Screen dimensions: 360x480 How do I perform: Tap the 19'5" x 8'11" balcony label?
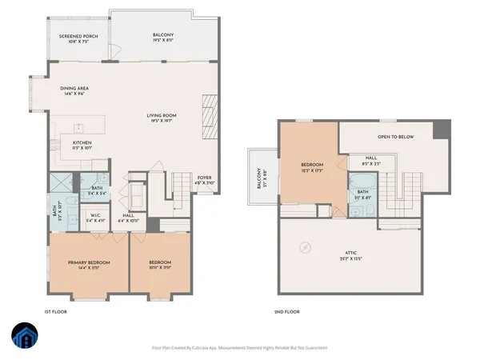pyautogui.click(x=163, y=38)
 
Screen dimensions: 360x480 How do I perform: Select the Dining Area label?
pyautogui.click(x=78, y=91)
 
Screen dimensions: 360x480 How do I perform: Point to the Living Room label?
pyautogui.click(x=161, y=118)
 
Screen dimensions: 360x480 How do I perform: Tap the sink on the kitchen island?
pyautogui.click(x=78, y=127)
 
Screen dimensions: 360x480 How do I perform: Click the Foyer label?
pyautogui.click(x=206, y=181)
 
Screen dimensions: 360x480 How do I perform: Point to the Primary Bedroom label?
pyautogui.click(x=88, y=265)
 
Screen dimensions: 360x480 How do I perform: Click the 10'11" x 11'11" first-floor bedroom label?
pyautogui.click(x=160, y=265)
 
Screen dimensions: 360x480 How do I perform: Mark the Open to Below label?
pyautogui.click(x=396, y=137)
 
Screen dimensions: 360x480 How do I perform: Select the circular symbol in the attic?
pyautogui.click(x=305, y=248)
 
